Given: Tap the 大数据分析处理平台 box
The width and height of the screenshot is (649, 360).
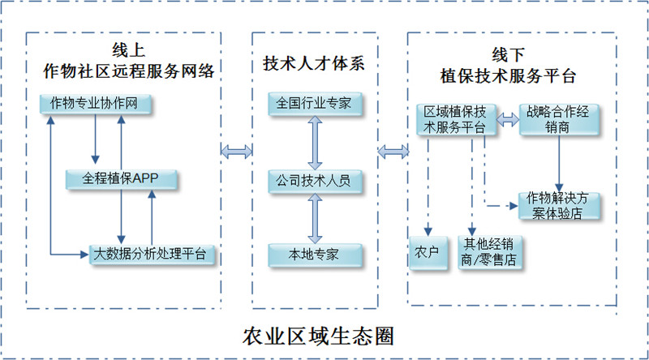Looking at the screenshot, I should pyautogui.click(x=154, y=253).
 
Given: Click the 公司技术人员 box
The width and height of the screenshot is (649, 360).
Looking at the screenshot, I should pyautogui.click(x=315, y=179).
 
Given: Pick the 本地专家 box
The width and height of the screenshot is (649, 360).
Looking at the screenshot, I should pyautogui.click(x=315, y=254).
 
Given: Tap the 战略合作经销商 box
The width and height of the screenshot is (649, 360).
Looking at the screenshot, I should pyautogui.click(x=560, y=119).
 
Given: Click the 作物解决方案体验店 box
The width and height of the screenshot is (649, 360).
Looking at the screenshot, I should pyautogui.click(x=560, y=206).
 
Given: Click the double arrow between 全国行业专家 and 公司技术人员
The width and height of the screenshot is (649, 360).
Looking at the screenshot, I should pyautogui.click(x=315, y=142).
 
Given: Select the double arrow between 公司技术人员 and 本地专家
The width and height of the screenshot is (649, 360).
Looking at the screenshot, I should pyautogui.click(x=315, y=216).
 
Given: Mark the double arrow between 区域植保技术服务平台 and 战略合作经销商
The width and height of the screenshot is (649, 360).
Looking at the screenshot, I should pyautogui.click(x=508, y=119).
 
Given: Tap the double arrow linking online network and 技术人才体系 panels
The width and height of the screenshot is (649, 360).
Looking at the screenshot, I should pyautogui.click(x=236, y=150).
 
